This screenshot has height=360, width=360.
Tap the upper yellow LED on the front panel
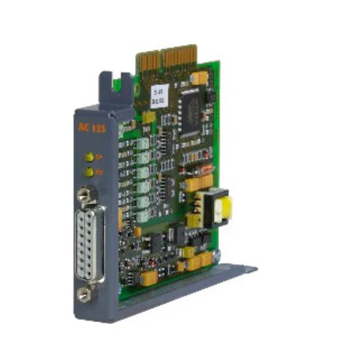[89, 156]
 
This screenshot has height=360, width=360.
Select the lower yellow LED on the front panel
[89, 172]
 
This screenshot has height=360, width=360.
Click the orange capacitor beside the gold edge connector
[199, 76]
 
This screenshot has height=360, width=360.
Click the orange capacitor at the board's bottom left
[148, 276]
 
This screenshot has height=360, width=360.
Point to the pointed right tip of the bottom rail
[253, 269]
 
